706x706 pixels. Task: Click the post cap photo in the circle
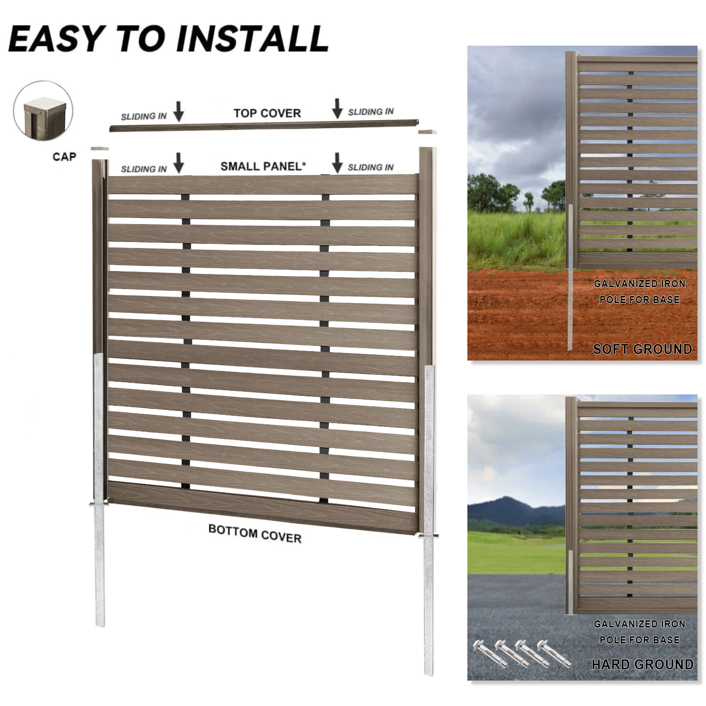tap(43, 111)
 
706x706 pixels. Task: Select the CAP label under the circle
tap(64, 156)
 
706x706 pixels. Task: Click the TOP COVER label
tap(267, 113)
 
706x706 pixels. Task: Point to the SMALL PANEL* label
tap(263, 166)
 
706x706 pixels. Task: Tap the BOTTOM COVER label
tap(255, 534)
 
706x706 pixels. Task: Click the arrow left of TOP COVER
tap(178, 111)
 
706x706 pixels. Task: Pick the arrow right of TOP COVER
tap(337, 108)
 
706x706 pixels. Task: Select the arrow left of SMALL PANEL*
tap(178, 163)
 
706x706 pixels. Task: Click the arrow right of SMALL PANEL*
tap(337, 162)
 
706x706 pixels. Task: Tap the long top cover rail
tap(264, 124)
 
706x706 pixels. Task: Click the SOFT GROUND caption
tap(642, 349)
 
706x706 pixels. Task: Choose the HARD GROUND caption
tap(642, 664)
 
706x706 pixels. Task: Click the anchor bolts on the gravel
tap(522, 653)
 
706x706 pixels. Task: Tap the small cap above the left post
tap(100, 149)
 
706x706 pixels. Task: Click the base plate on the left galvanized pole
tap(99, 504)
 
